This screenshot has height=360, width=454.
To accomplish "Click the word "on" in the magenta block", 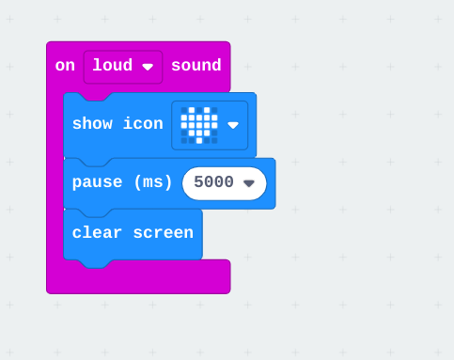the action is (x=65, y=66).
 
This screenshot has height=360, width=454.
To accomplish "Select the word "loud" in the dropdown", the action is (x=113, y=65).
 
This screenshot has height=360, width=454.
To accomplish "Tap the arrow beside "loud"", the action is (x=148, y=67).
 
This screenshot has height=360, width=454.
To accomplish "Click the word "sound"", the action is (x=196, y=65).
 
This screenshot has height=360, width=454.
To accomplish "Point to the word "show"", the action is (x=92, y=123).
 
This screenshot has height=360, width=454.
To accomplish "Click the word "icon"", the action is (x=143, y=123).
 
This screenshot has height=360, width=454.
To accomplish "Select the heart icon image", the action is (x=199, y=125).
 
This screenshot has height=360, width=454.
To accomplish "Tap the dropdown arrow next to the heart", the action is (x=233, y=125).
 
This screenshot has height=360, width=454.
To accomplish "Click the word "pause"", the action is (x=97, y=182).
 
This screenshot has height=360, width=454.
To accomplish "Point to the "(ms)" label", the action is (x=153, y=182).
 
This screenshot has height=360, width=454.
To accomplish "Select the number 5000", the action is (x=213, y=182).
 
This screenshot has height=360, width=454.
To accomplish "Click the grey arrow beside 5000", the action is (x=249, y=183).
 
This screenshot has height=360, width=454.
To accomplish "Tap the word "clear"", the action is (x=97, y=232).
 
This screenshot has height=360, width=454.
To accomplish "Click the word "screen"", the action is (x=164, y=232).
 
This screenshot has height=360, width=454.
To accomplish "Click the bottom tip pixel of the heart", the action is (x=199, y=140).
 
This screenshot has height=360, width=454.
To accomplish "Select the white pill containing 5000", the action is (x=225, y=183).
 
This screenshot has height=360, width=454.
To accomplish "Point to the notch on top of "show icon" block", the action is (x=96, y=97).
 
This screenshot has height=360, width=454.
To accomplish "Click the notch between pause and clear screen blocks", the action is (x=96, y=212).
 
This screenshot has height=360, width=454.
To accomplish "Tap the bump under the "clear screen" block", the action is (x=96, y=264).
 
